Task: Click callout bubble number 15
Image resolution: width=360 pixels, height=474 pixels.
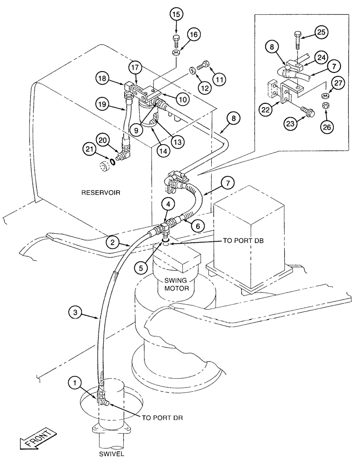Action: click(x=175, y=14)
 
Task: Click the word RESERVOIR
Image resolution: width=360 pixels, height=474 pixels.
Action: click(x=101, y=192)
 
